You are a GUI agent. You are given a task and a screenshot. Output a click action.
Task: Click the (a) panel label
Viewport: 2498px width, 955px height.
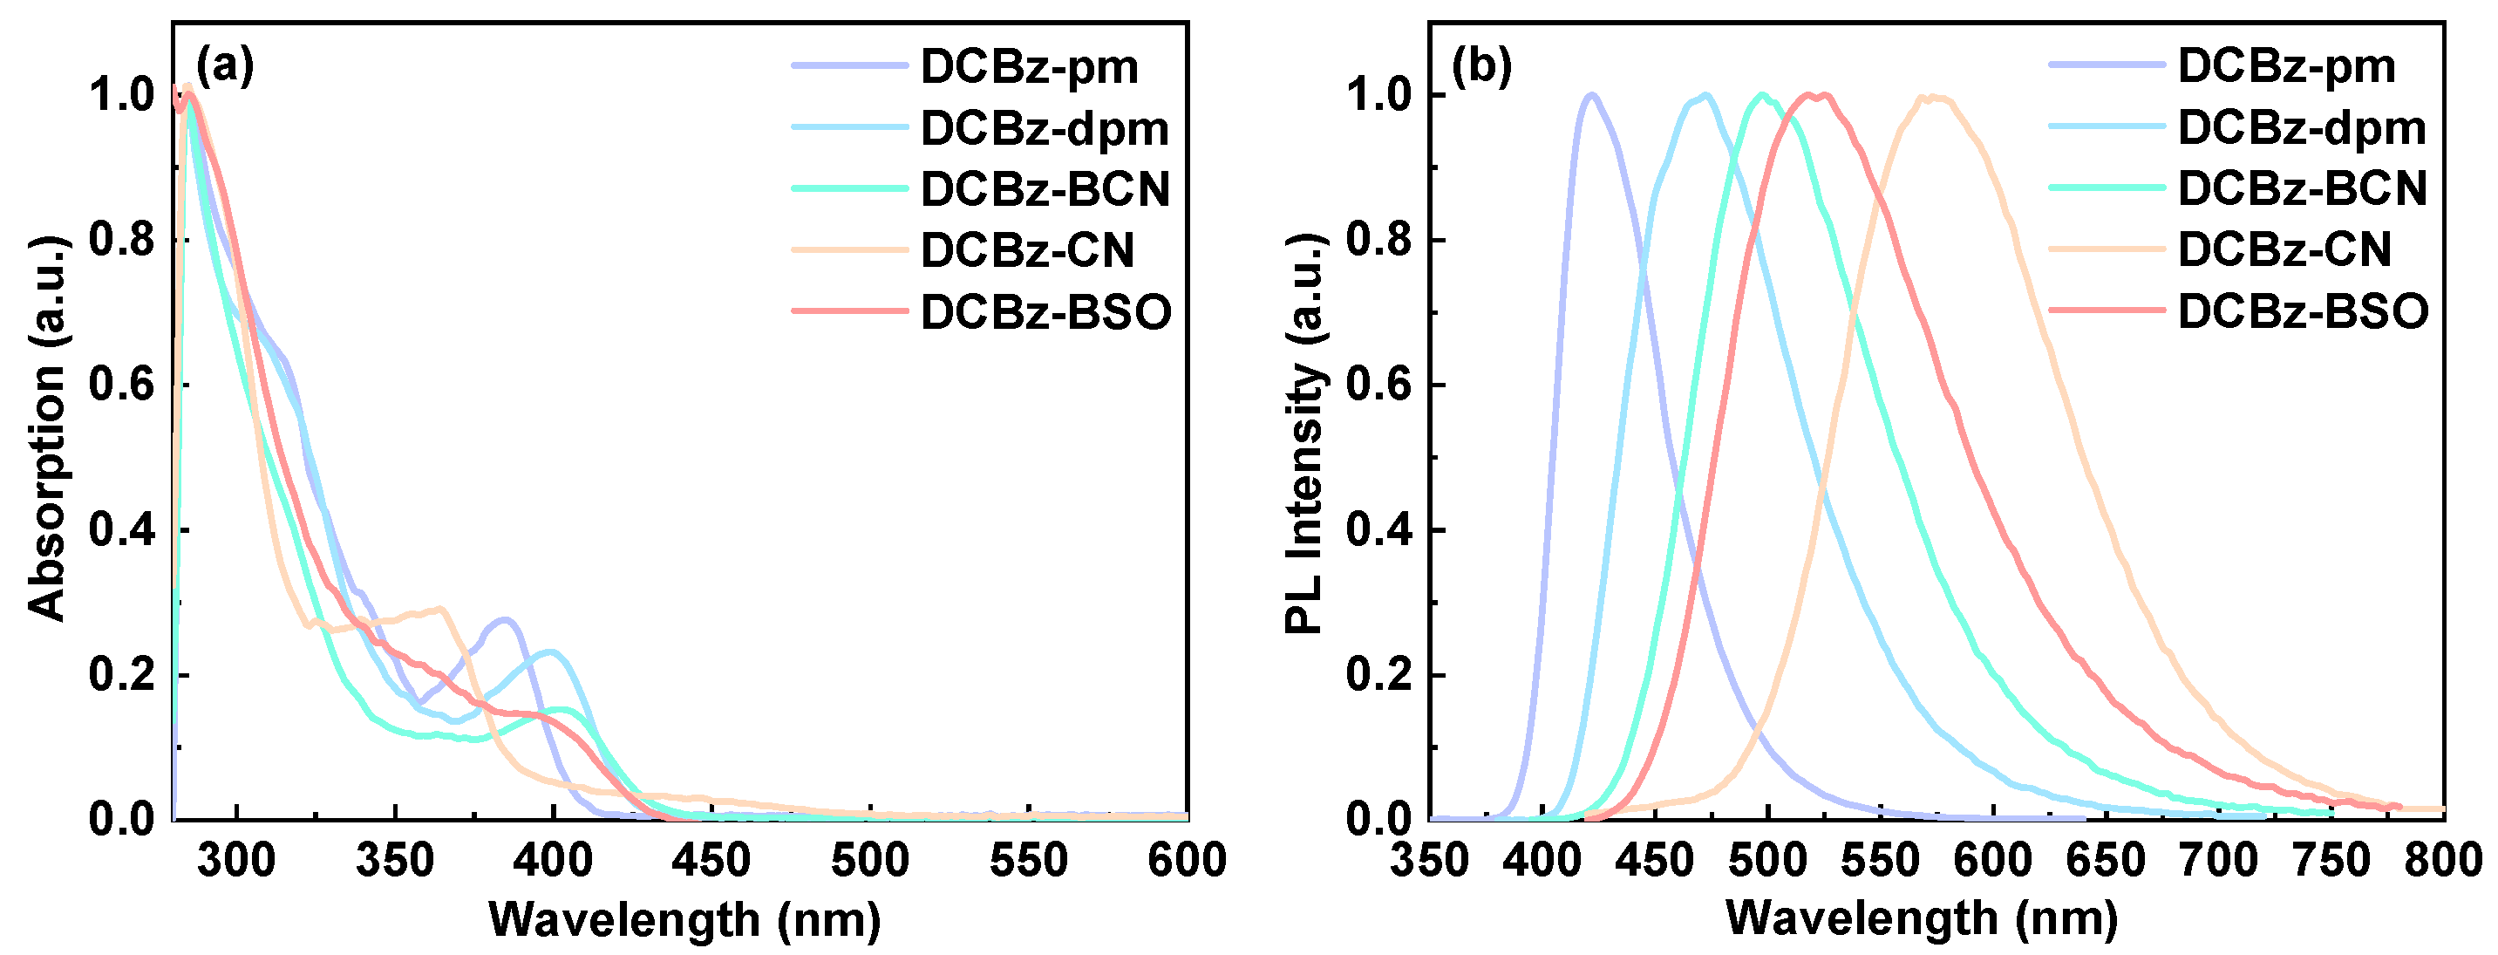point(225,66)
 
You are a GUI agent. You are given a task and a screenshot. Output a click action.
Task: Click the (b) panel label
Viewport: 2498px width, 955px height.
point(1481,66)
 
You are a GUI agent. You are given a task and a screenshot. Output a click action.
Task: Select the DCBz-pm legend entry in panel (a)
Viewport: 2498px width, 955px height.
point(1029,67)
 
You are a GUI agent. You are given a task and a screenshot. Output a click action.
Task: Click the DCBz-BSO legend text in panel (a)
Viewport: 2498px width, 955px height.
point(1045,312)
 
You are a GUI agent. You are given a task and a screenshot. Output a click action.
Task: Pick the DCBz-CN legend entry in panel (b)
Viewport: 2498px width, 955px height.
point(2284,250)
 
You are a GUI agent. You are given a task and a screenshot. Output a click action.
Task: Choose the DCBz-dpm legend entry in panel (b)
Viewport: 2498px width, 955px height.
point(2302,128)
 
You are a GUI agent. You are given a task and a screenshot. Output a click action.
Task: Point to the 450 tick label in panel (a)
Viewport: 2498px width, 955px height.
point(711,861)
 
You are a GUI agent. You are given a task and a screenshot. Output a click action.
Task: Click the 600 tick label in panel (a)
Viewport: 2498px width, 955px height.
point(1186,861)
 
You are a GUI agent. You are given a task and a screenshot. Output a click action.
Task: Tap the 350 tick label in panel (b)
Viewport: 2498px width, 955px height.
point(1429,861)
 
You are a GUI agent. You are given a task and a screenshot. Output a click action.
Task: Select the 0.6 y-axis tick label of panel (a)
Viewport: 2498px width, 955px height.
point(121,385)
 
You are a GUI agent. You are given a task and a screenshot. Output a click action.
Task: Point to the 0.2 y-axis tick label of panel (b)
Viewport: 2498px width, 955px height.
point(1378,675)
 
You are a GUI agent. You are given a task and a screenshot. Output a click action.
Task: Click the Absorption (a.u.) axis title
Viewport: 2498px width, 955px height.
point(45,426)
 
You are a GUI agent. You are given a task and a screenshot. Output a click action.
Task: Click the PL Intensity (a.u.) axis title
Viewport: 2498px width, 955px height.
point(1304,433)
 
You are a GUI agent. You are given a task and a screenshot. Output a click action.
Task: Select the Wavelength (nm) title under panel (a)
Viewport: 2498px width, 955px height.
point(684,919)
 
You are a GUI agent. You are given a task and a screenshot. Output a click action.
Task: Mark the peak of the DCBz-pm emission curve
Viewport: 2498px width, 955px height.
point(1590,95)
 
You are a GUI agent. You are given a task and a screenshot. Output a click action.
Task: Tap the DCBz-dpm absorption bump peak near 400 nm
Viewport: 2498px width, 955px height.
point(551,651)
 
